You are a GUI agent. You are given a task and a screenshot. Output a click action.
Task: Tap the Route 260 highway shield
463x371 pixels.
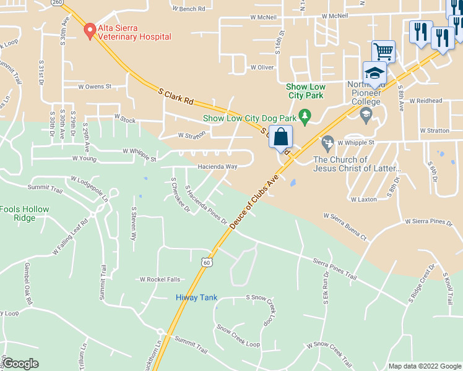pos(58,2)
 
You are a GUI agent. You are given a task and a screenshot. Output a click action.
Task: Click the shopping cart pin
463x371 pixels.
pos(383,51)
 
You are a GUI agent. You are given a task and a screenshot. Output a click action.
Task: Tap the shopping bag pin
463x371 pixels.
pos(280,137)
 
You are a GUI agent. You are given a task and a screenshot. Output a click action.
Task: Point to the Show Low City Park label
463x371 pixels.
pos(305,91)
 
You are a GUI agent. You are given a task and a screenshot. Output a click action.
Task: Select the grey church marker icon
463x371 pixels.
pos(328,143)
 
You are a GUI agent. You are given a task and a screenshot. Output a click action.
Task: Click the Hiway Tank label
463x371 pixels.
pos(197,297)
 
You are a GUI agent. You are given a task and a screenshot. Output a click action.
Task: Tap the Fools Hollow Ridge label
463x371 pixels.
pos(25,213)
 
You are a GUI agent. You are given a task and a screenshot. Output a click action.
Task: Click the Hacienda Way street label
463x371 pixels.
pos(217,167)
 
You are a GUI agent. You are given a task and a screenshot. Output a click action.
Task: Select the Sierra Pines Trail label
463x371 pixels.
pos(335,269)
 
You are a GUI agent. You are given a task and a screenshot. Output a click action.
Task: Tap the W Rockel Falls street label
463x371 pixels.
pos(160,279)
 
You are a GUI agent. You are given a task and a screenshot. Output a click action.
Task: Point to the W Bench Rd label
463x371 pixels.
pos(189,9)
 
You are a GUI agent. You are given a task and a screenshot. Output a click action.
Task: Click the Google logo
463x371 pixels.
pos(20,364)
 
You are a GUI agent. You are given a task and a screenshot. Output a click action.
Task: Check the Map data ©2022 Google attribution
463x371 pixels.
pos(424,366)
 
